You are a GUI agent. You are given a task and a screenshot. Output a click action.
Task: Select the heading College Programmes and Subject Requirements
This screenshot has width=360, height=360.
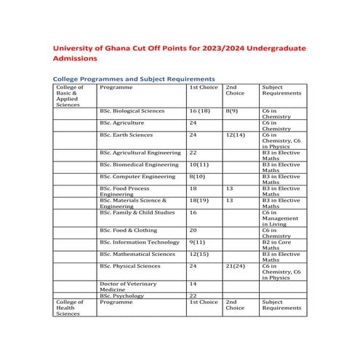(134, 78)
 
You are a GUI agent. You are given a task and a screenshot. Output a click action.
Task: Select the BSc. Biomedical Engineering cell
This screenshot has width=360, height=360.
(139, 164)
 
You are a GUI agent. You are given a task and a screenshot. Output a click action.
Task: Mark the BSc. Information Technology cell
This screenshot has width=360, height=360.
(140, 242)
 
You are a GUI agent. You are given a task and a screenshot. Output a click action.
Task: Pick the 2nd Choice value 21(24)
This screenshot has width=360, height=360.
(235, 266)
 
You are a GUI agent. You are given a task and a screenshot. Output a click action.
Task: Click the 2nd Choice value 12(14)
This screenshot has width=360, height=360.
(235, 135)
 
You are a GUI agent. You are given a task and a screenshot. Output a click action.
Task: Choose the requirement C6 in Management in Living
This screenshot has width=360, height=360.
(279, 219)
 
